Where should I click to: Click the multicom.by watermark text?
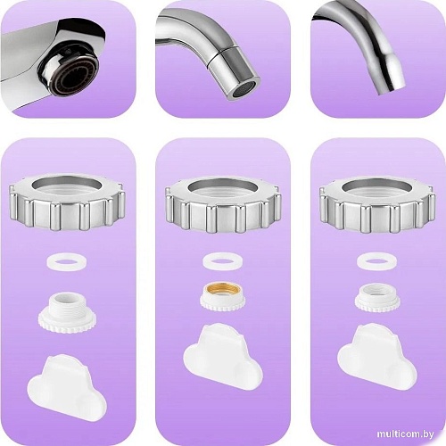coord(405,434)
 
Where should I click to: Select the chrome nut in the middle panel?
coord(223,220)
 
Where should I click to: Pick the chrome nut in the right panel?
coord(377,220)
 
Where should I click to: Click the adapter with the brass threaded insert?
coord(223,297)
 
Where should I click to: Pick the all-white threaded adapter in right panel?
coord(377,298)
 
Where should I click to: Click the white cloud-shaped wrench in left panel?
coord(67,386)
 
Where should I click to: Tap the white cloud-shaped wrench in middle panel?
coord(223,355)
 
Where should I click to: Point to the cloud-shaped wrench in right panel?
coord(377,355)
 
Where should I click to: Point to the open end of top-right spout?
coord(392,89)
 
